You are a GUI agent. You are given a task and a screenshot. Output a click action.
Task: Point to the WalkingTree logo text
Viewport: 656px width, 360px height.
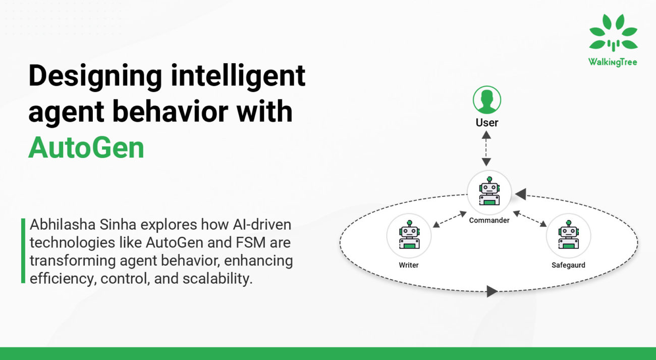613,62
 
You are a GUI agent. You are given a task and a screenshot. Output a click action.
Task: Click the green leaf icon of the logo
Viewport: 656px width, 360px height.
613,34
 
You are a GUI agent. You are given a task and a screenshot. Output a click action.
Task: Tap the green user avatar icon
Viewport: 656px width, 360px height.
486,100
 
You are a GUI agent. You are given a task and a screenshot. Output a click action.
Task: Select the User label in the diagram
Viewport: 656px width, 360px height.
486,123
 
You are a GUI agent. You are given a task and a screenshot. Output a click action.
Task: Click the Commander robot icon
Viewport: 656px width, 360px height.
489,192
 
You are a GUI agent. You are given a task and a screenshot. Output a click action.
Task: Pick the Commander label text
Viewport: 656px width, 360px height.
489,221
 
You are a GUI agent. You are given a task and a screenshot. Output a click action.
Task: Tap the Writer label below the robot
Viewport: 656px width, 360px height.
409,265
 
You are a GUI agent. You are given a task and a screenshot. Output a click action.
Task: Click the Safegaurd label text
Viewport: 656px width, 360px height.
568,265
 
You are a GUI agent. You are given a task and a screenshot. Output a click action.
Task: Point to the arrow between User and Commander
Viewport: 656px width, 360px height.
486,148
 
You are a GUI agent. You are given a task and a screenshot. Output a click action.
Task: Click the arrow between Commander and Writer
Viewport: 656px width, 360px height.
450,220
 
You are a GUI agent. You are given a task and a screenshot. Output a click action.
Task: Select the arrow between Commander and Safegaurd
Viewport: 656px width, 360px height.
530,220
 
